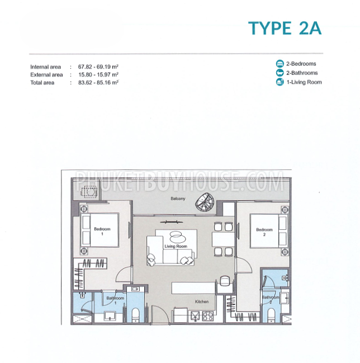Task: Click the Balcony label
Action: point(178,199)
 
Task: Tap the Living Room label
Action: point(176,246)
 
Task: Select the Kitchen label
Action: point(202,301)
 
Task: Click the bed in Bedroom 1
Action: point(100,230)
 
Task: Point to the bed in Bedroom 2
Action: point(269,231)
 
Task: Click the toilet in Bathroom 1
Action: point(135,315)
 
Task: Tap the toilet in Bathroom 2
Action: point(271,315)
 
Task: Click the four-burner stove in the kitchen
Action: point(208,317)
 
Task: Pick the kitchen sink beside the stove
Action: point(195,317)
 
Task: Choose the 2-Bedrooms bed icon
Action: point(280,64)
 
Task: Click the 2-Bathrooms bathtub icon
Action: point(280,73)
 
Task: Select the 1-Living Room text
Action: point(304,82)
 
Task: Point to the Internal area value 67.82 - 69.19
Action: point(98,67)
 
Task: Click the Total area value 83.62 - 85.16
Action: point(98,82)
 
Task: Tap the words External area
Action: point(46,75)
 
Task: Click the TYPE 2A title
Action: point(285,28)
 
